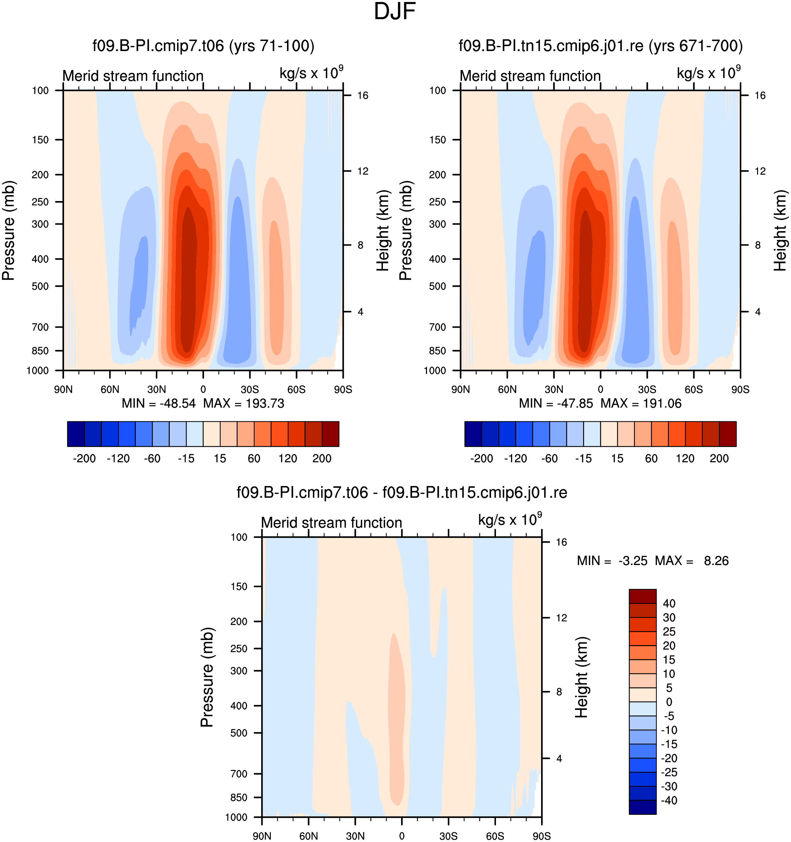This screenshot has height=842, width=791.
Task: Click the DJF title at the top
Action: (x=395, y=12)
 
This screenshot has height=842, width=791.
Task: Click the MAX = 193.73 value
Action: (x=244, y=403)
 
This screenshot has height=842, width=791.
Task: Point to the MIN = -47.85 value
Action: (x=556, y=403)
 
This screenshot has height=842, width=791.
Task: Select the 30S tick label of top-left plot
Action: (x=250, y=389)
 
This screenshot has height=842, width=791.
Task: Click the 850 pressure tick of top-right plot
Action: (x=437, y=351)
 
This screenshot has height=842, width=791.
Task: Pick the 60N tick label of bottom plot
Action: (x=309, y=836)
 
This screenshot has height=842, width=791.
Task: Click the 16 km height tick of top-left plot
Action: (x=363, y=95)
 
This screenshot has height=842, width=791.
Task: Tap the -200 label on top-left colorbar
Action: (x=84, y=458)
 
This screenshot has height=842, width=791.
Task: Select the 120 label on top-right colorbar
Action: (x=685, y=458)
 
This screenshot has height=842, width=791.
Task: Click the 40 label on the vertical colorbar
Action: (x=669, y=603)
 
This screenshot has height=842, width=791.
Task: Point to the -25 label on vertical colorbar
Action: (x=669, y=772)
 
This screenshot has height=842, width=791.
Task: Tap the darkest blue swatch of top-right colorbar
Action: (x=473, y=434)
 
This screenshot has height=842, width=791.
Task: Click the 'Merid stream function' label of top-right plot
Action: (x=530, y=76)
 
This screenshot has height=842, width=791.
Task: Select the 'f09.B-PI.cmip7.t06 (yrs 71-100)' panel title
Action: (x=203, y=46)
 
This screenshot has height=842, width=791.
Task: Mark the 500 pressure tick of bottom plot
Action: (x=239, y=733)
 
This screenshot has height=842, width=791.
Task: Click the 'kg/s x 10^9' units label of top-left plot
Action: (x=311, y=72)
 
